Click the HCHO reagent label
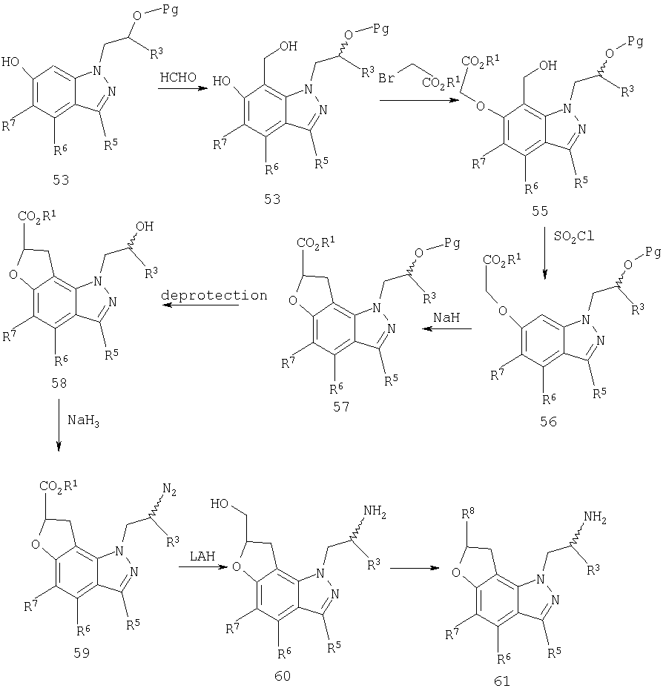(178, 77)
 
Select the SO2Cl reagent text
(574, 237)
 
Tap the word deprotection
(214, 296)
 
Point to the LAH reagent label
(202, 556)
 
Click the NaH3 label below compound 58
(83, 420)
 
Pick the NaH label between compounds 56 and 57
(446, 317)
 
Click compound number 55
(540, 211)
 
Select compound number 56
(548, 421)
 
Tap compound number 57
(341, 406)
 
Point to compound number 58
(59, 383)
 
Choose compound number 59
(82, 652)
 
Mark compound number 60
(283, 676)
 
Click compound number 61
(501, 681)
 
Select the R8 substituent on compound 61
(468, 515)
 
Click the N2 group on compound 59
(170, 489)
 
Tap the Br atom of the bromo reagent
(386, 79)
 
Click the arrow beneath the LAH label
(204, 566)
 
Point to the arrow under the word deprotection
(200, 305)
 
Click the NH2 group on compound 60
(375, 512)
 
